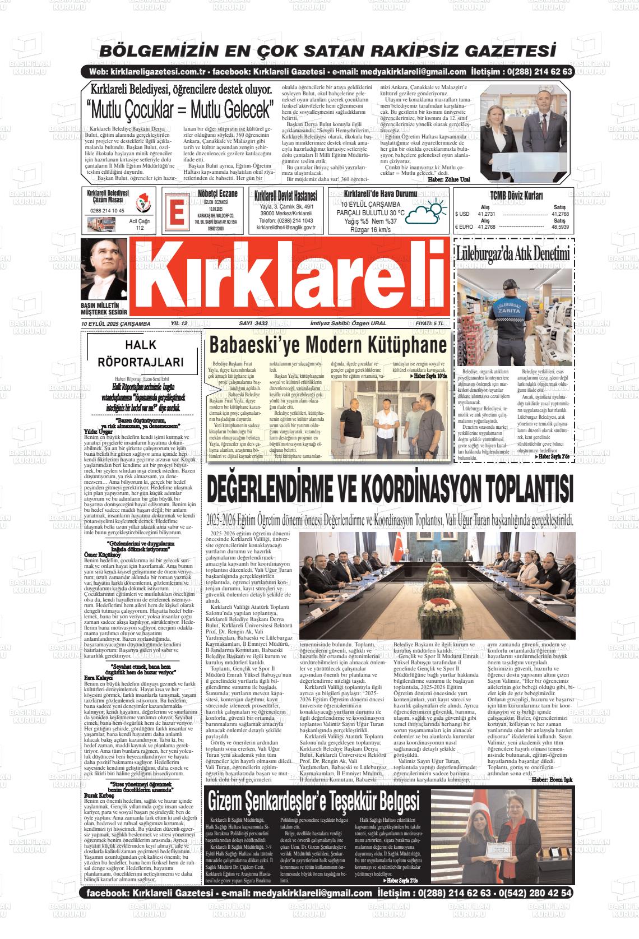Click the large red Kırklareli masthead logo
point(290,279)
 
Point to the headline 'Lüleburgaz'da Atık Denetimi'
point(513,253)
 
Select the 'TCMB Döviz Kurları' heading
point(516,196)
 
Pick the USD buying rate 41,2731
point(486,214)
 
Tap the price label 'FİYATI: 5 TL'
point(429,323)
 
